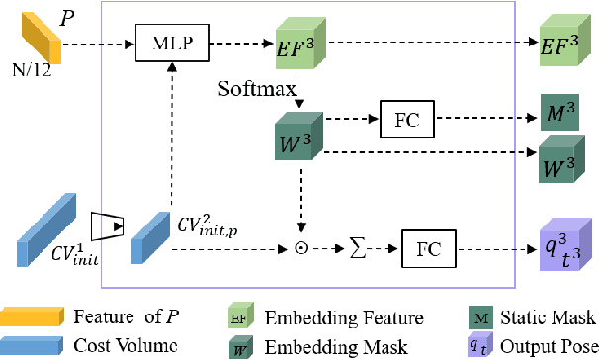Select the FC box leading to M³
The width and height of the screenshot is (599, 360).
tap(402, 121)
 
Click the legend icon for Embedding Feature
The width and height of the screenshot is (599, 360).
tap(240, 317)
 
